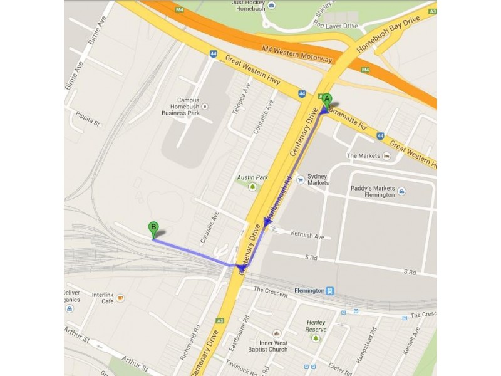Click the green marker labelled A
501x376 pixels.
point(326,100)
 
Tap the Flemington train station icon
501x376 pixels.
point(330,291)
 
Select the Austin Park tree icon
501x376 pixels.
point(252,187)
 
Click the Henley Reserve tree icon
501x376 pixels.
point(316,338)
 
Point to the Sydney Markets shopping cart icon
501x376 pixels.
point(301,180)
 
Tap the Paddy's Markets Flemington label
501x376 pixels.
point(371,191)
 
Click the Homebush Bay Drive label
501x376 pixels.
point(397,29)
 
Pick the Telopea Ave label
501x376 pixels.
point(241,99)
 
